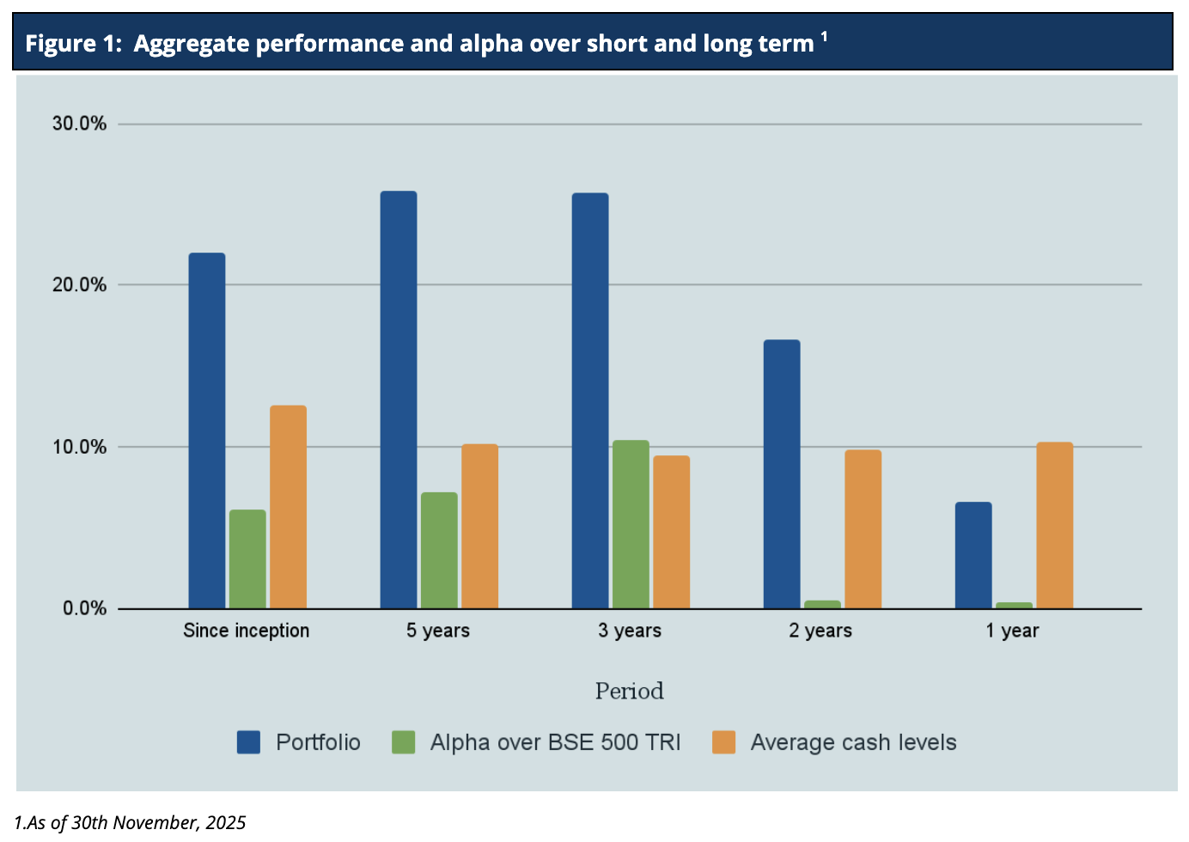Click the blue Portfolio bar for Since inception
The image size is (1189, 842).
(x=207, y=430)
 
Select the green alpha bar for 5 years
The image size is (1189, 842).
(x=439, y=550)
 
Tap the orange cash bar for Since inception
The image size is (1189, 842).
(x=288, y=507)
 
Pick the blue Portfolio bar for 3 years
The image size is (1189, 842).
(x=590, y=400)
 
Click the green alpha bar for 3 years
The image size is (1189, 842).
(x=631, y=524)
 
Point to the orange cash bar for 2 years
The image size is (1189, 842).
(x=863, y=529)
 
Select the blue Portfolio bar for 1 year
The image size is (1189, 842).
(x=973, y=555)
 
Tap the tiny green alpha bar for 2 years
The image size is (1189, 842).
(x=822, y=604)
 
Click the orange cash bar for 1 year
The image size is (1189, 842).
(x=1054, y=525)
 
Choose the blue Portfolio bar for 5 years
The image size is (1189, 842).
(x=399, y=400)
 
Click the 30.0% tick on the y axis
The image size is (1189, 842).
(x=80, y=124)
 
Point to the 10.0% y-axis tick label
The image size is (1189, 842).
(x=80, y=447)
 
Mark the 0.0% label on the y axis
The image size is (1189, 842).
(x=84, y=608)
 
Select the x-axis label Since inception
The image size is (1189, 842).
(x=247, y=631)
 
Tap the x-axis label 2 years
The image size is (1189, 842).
(x=820, y=631)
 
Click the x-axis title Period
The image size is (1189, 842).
(x=630, y=691)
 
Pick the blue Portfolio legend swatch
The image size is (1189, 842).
(x=248, y=742)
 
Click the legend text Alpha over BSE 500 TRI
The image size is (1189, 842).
(x=555, y=742)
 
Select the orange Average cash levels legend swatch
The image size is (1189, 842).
(x=724, y=742)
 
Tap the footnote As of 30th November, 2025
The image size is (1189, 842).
(x=131, y=823)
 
